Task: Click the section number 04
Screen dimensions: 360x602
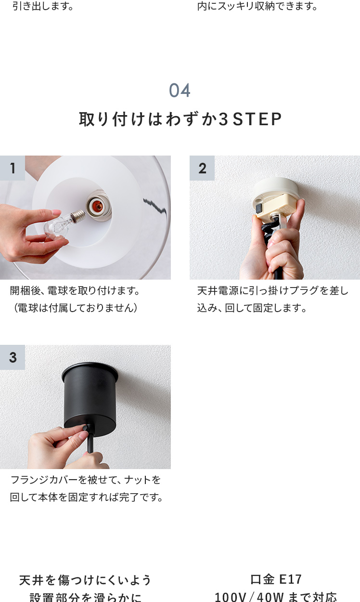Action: [x=180, y=91]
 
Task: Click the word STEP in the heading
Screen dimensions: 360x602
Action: [x=257, y=119]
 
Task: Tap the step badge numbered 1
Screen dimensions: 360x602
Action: [x=13, y=168]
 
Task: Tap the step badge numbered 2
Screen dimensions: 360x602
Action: [x=202, y=168]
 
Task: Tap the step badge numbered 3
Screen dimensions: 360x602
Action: [x=13, y=357]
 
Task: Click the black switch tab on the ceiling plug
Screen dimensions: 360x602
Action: [x=259, y=208]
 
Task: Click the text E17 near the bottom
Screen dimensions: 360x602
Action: [x=291, y=580]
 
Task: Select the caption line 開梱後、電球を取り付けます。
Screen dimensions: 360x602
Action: [x=75, y=290]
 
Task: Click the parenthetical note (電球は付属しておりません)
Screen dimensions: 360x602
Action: [x=75, y=308]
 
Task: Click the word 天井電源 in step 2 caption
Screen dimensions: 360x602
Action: [x=218, y=290]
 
